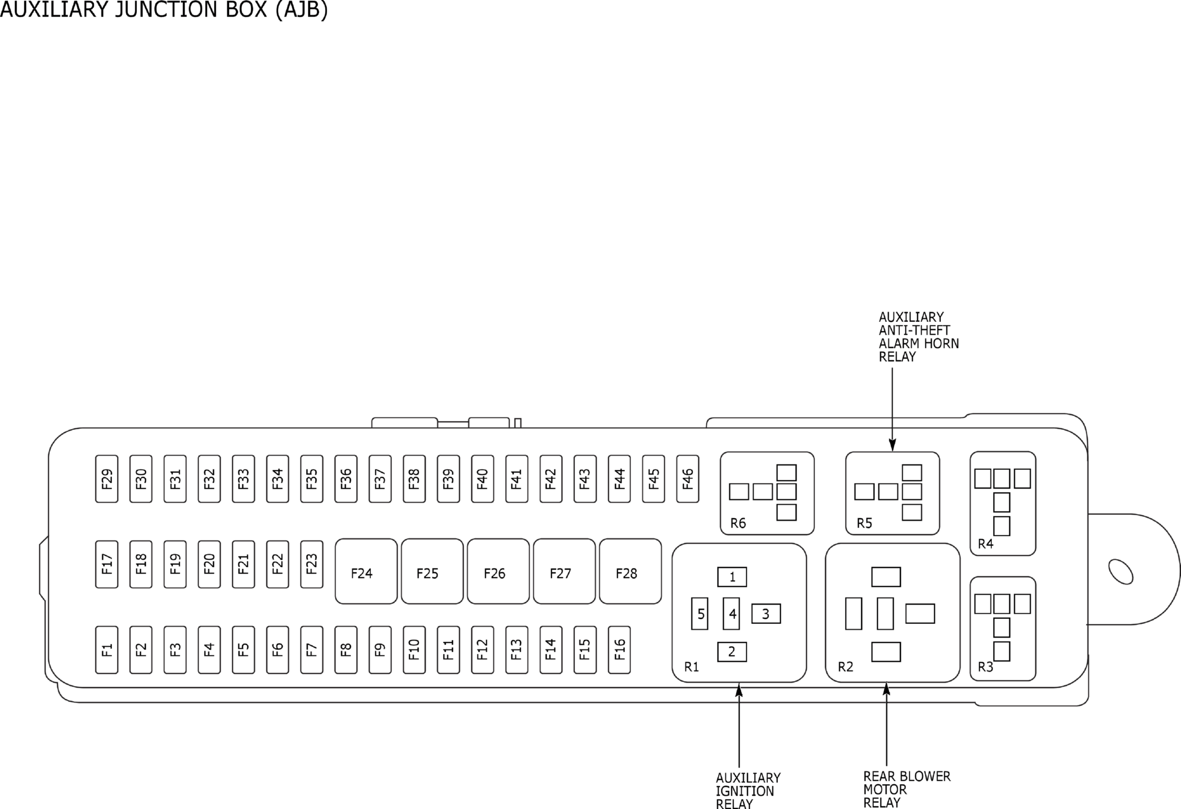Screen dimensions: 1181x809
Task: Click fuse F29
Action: [106, 479]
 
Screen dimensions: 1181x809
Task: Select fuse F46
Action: [688, 479]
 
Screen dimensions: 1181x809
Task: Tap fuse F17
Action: [106, 564]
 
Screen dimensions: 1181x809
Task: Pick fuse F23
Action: [312, 564]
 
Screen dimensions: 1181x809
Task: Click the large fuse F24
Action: [366, 571]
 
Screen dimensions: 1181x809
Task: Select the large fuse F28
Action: [630, 571]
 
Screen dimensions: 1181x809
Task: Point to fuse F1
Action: [106, 650]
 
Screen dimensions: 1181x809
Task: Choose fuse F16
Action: [619, 650]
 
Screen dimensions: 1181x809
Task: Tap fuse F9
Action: [380, 650]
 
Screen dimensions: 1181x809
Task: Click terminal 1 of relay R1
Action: [732, 577]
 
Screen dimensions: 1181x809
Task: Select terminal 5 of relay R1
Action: [700, 614]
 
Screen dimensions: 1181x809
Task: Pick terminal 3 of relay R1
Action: [766, 614]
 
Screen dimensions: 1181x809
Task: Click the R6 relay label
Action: [738, 523]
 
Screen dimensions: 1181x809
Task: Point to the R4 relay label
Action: [985, 544]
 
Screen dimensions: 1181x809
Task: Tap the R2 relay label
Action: [846, 667]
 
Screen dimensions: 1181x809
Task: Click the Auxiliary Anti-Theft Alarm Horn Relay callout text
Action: [919, 337]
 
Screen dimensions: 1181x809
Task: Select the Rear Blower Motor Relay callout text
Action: [907, 790]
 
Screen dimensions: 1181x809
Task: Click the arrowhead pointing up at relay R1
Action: [739, 690]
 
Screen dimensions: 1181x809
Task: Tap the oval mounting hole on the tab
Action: [1121, 571]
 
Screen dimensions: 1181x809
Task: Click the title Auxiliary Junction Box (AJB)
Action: [164, 10]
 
